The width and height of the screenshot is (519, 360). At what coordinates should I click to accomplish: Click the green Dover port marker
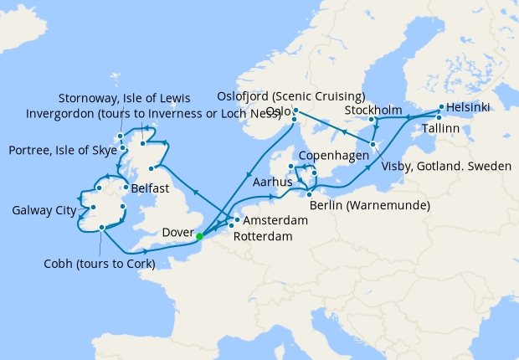[x=199, y=236]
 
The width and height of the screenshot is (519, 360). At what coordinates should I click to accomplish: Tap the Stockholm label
[x=375, y=111]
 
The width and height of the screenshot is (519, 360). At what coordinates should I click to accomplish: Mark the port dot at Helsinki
[x=439, y=107]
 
